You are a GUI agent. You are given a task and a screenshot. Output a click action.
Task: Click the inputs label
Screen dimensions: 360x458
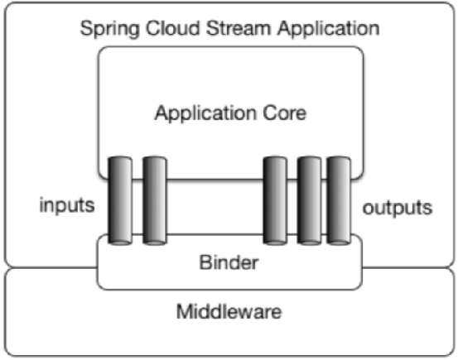click(67, 205)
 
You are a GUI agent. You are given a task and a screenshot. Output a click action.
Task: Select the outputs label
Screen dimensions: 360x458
click(397, 206)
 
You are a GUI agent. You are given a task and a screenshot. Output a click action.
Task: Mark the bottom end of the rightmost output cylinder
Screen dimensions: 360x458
click(339, 242)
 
